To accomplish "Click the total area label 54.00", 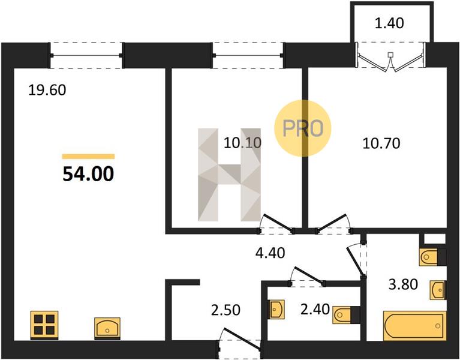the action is click(x=88, y=173).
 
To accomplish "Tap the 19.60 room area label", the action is click(x=47, y=90).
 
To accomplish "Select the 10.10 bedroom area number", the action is click(x=242, y=143).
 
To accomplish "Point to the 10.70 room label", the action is click(x=381, y=144).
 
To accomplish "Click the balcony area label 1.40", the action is click(x=389, y=23).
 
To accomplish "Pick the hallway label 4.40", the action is click(x=270, y=253).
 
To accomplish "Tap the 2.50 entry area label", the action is click(x=226, y=310).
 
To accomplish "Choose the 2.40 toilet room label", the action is click(x=315, y=309).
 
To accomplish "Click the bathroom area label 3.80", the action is click(x=404, y=284).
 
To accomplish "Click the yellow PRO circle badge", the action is click(x=303, y=128).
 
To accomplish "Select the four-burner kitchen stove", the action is click(x=44, y=325).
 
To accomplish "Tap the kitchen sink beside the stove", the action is click(x=107, y=328).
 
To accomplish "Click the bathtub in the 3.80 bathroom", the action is click(x=415, y=326).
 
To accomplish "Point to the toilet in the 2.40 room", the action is click(x=346, y=315).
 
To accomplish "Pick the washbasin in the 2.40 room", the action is click(x=277, y=309).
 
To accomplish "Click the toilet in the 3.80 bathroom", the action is click(x=433, y=257).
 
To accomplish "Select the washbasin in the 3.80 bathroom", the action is click(x=438, y=290).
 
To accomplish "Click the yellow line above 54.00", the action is click(x=88, y=157).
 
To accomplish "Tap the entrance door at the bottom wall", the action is click(x=240, y=340).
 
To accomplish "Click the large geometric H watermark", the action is click(x=230, y=175).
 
